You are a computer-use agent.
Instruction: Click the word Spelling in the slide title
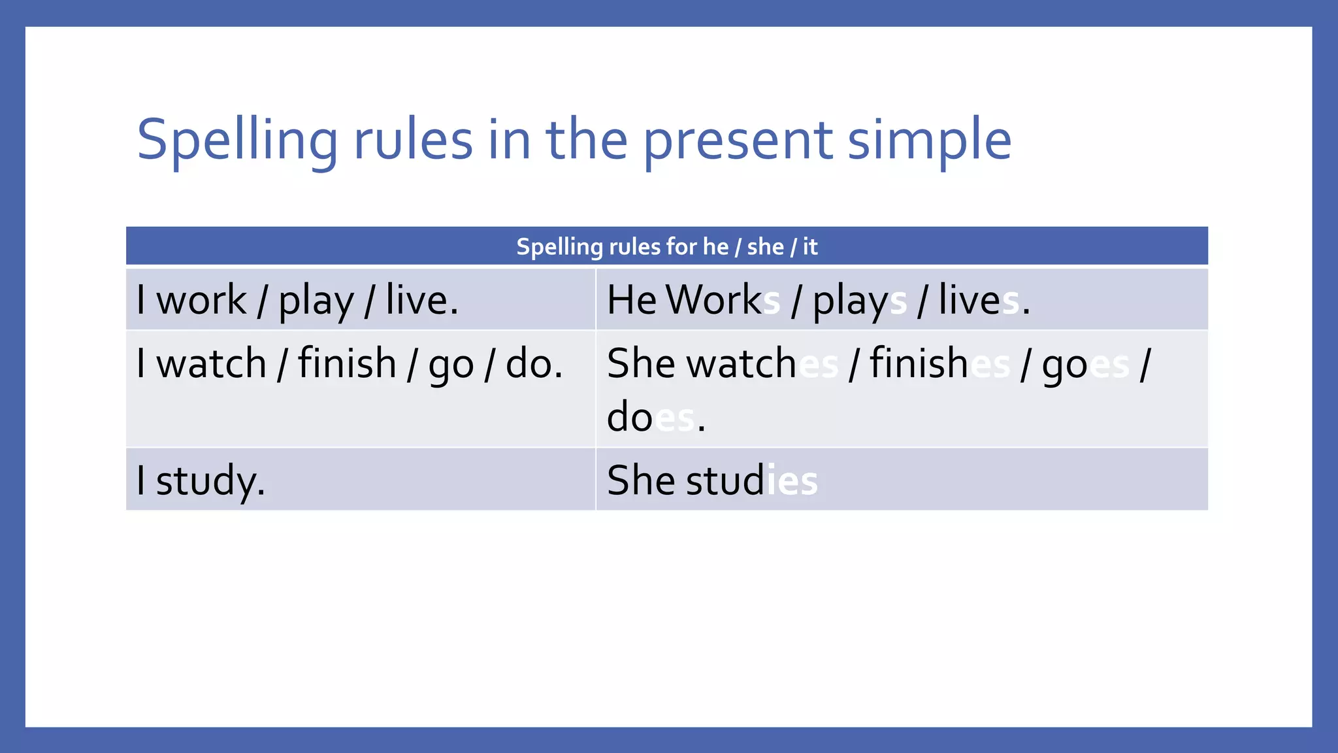click(237, 141)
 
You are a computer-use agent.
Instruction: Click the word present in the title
click(738, 141)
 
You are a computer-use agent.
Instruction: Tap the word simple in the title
click(929, 141)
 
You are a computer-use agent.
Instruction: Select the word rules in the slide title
click(413, 141)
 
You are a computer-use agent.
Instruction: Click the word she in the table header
click(765, 246)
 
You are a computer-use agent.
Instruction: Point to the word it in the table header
click(809, 246)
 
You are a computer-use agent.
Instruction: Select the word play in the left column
click(316, 302)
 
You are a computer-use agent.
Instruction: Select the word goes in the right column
click(1085, 365)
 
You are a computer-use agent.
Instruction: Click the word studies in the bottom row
click(751, 480)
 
